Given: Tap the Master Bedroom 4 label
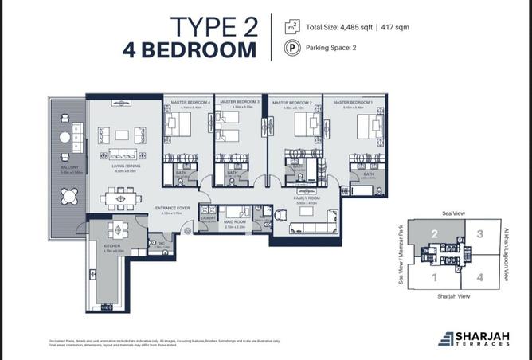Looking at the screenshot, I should (187, 104).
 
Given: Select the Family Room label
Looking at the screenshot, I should (307, 202).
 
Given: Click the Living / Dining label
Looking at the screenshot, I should (126, 168).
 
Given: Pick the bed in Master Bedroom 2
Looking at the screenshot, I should (303, 126).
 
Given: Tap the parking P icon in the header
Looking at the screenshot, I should (292, 48).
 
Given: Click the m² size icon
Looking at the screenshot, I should (292, 27).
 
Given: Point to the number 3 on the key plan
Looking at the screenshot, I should (479, 234).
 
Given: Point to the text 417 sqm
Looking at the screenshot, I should (395, 27).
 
